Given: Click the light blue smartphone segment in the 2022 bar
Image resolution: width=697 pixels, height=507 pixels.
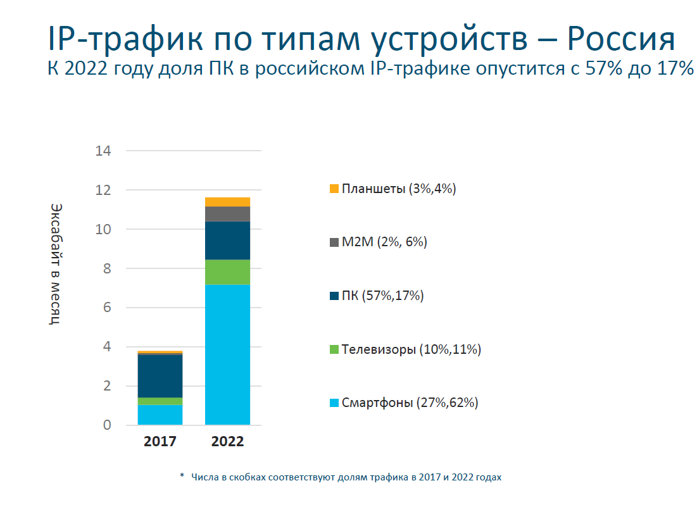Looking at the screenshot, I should pos(227,354).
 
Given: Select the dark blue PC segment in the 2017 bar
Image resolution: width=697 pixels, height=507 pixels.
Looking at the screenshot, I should pos(160,376).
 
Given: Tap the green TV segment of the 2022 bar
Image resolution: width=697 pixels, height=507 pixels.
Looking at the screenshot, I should pos(227,272).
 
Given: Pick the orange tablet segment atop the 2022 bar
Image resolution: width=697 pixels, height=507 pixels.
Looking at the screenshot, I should pos(227,202).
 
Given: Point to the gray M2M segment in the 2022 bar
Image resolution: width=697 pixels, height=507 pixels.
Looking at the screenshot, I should pos(227,214).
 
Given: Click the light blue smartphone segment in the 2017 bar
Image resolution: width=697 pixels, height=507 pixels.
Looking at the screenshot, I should pos(160,415).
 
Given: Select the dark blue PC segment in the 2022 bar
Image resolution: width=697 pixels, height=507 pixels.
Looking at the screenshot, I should pos(227,241).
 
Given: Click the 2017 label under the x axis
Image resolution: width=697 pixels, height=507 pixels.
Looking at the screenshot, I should pos(160,442).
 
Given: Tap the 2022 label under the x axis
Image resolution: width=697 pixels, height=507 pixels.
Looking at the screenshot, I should pos(227,442).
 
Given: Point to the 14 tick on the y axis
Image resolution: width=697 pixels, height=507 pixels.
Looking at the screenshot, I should pos(103,151).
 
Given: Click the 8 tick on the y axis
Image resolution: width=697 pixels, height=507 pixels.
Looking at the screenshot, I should pos(107,269).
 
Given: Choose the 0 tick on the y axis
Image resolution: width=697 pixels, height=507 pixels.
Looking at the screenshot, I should pos(107,425).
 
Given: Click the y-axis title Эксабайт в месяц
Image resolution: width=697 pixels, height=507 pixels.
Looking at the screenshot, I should pos(56,264).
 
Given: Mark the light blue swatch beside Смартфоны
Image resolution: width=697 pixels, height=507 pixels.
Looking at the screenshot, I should pos(334,403).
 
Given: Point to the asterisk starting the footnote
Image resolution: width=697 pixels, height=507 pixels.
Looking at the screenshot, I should pos(182,477).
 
